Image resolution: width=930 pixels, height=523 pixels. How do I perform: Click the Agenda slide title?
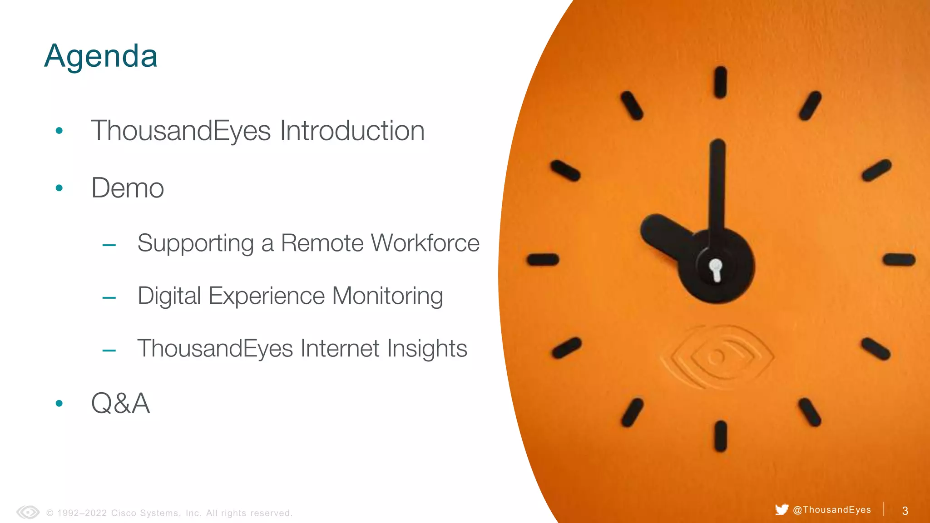(101, 56)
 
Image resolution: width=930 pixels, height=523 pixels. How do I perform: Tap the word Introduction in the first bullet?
(352, 131)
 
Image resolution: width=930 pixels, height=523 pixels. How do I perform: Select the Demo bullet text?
(128, 188)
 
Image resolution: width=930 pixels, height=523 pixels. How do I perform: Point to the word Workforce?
(425, 243)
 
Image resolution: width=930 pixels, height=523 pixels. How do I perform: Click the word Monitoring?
(387, 296)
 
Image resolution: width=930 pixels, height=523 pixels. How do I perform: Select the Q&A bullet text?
(120, 403)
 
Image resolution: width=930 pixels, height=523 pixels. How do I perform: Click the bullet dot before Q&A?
(59, 403)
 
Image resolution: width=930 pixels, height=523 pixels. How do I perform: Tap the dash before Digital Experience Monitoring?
(109, 298)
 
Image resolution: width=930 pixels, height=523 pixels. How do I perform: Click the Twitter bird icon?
(782, 509)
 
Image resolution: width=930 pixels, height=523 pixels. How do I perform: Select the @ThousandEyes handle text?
(832, 510)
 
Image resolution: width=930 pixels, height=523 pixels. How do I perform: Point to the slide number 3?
(905, 511)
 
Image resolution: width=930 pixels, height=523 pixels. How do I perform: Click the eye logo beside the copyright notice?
(28, 513)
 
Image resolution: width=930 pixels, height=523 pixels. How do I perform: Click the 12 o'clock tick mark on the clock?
(721, 82)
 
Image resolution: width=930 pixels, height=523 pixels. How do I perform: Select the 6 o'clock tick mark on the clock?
(721, 436)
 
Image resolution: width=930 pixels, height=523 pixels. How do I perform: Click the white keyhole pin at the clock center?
(716, 270)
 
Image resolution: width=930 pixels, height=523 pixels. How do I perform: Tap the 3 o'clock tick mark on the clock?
(899, 260)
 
